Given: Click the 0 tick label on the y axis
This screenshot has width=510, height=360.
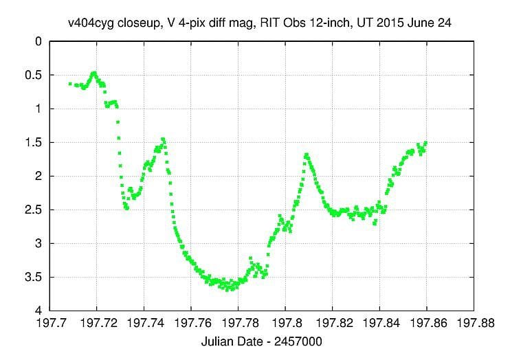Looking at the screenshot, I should [x=39, y=41].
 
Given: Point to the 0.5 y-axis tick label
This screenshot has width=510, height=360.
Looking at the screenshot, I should [x=35, y=75].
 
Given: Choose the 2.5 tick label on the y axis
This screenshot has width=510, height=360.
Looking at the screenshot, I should [x=35, y=210].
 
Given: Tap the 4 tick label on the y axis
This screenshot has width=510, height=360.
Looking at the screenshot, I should [x=39, y=311].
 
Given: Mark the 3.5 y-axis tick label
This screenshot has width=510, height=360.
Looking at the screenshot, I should [x=35, y=277].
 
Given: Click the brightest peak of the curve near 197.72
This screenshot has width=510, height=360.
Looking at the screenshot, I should [x=93, y=73].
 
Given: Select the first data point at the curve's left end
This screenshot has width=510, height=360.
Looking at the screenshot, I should [x=70, y=84].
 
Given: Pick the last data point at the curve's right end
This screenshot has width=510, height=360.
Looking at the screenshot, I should [x=426, y=143].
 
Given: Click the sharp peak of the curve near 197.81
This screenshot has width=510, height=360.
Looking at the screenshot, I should [x=306, y=155].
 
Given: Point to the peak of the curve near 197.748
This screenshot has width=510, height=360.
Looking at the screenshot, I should [x=163, y=139].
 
